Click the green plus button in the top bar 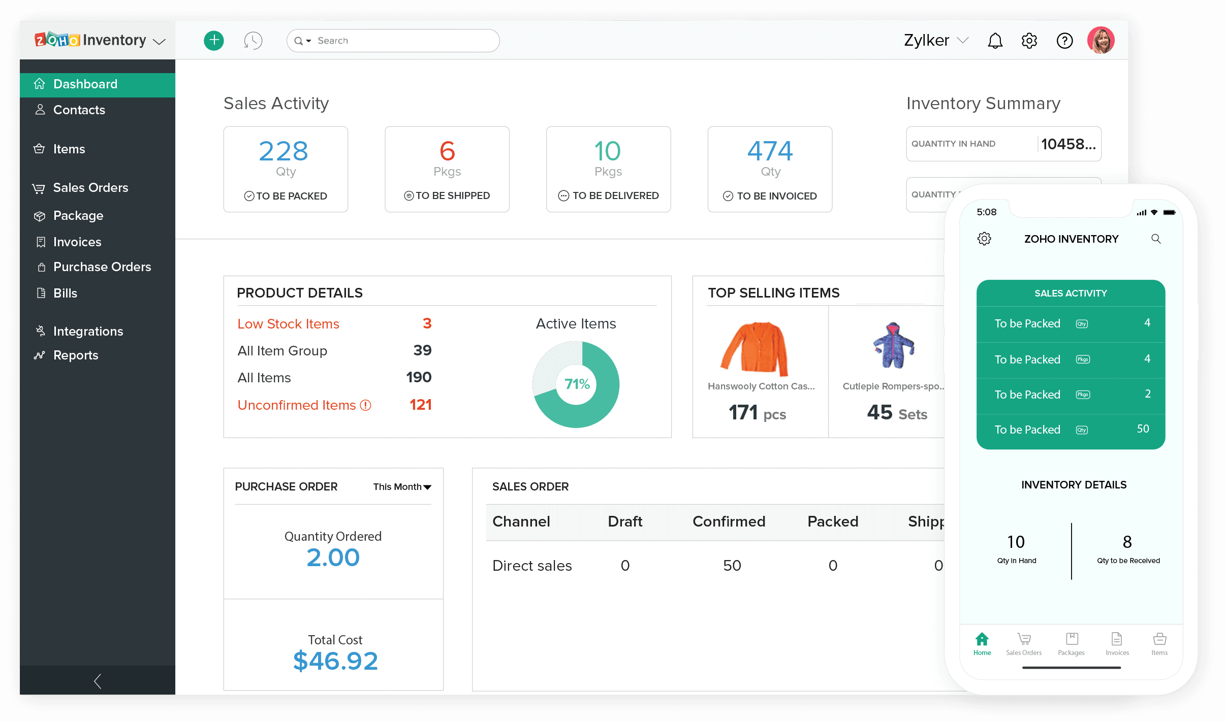coord(214,41)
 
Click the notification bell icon coord(995,41)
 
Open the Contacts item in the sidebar coord(79,110)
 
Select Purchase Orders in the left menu coord(102,267)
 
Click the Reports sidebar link coord(76,355)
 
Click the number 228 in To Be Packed coord(284,151)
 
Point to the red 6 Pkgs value coord(447,151)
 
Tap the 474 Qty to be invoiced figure coord(770,151)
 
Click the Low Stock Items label coord(288,324)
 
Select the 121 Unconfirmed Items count coord(420,405)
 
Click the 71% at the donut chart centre coord(577,384)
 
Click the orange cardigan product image coord(755,349)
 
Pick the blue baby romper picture coord(893,345)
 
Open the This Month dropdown coord(402,487)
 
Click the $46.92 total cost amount coord(335,661)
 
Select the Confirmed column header coord(729,521)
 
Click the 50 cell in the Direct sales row coord(732,566)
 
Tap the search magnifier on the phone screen coord(1156,239)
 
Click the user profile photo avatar coord(1101,41)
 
